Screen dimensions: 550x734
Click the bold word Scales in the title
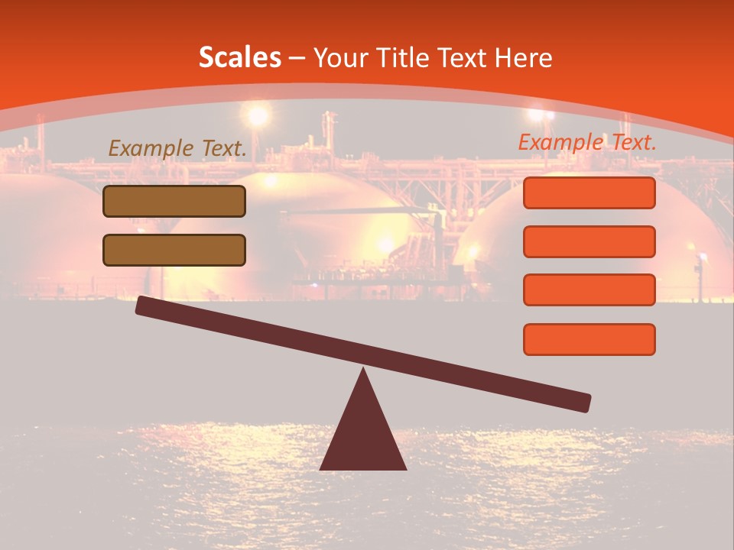click(239, 58)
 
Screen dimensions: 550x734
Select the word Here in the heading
click(525, 58)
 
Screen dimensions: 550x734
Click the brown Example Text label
click(177, 148)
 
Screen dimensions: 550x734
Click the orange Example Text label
click(587, 142)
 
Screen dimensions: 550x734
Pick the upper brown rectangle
click(174, 201)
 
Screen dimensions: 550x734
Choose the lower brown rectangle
click(174, 250)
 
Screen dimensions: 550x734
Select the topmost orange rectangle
click(589, 193)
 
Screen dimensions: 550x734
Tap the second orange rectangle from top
click(589, 241)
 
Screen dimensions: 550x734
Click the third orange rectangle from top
click(589, 290)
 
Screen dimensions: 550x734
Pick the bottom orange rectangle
click(589, 339)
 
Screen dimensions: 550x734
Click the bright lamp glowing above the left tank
click(258, 115)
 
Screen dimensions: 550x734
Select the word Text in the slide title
click(466, 58)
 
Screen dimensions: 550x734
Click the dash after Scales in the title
click(297, 58)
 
